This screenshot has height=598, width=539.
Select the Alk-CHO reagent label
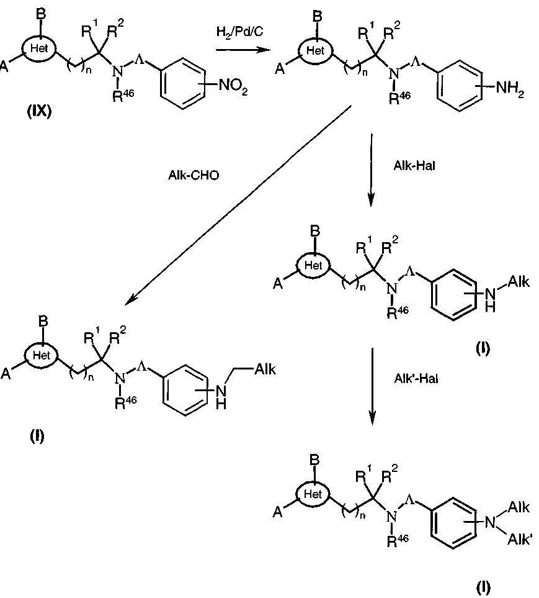pos(194,176)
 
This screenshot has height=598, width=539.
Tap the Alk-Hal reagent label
pos(414,166)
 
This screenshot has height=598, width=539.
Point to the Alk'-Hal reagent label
pos(416,379)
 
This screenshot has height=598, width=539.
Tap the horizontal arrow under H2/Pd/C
pos(243,50)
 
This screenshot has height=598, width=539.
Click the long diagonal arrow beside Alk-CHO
pos(238,206)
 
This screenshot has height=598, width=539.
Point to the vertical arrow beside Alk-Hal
pos(371,170)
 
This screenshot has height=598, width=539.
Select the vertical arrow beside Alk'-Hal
pos(372,386)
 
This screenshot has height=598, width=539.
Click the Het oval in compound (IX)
pos(39,48)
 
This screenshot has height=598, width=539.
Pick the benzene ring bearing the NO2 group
pos(183,84)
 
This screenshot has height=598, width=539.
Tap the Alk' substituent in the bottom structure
pos(519,540)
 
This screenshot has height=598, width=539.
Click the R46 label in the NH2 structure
pos(399,97)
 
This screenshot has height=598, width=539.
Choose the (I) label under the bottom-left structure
pos(37,435)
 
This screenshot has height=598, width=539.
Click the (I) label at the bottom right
pos(483,587)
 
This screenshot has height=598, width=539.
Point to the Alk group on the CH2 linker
pos(265,369)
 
